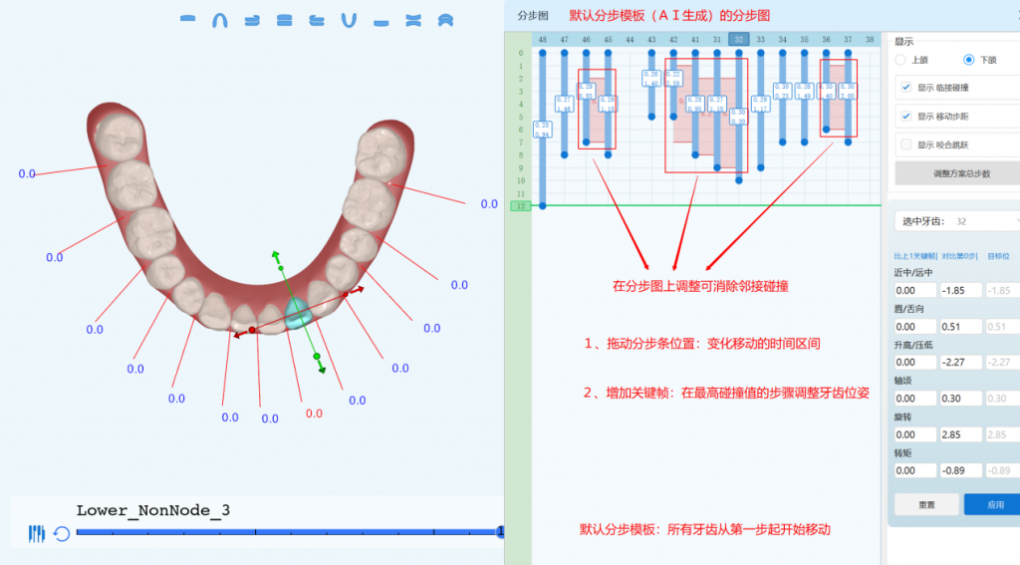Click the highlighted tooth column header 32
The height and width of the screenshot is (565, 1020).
tap(738, 39)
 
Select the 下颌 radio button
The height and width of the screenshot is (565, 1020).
tap(968, 60)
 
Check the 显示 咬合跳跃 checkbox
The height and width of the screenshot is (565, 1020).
tap(905, 144)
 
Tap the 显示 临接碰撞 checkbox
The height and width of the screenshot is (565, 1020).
tap(905, 88)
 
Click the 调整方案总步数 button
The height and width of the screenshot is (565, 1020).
tap(961, 173)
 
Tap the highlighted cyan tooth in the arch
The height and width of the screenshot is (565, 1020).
tap(298, 314)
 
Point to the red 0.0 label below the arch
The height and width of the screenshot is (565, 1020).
tap(314, 413)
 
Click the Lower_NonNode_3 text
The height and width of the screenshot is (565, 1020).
tap(153, 510)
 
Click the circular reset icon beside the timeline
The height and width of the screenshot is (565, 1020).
tap(62, 534)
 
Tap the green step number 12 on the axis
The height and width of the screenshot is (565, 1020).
tap(519, 206)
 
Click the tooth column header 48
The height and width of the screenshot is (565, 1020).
tap(542, 39)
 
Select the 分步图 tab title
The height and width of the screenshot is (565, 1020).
tap(533, 16)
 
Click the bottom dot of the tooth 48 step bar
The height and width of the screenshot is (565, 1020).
tap(543, 205)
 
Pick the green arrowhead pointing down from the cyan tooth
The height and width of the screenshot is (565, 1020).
tap(322, 370)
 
